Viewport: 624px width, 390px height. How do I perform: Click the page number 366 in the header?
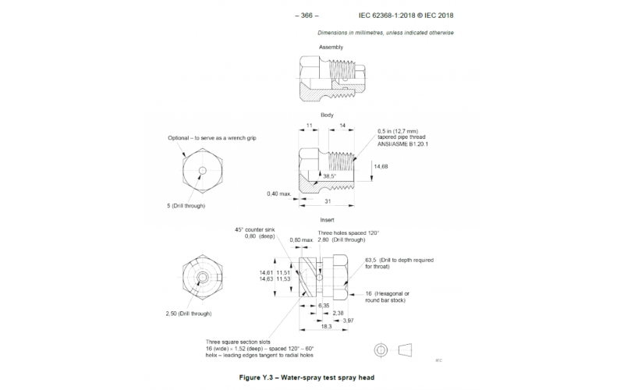pyautogui.click(x=308, y=15)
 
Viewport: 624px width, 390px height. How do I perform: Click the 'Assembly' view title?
pyautogui.click(x=330, y=48)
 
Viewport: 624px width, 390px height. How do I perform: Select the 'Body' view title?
pyautogui.click(x=327, y=115)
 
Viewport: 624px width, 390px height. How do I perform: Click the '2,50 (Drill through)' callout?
pyautogui.click(x=188, y=314)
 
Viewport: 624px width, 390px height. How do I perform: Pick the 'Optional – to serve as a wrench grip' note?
pyautogui.click(x=212, y=138)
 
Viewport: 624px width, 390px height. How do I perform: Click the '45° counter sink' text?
pyautogui.click(x=256, y=230)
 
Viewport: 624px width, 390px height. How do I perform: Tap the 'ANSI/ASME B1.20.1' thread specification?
pyautogui.click(x=403, y=144)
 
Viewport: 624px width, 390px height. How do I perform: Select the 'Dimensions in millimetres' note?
pyautogui.click(x=385, y=33)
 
